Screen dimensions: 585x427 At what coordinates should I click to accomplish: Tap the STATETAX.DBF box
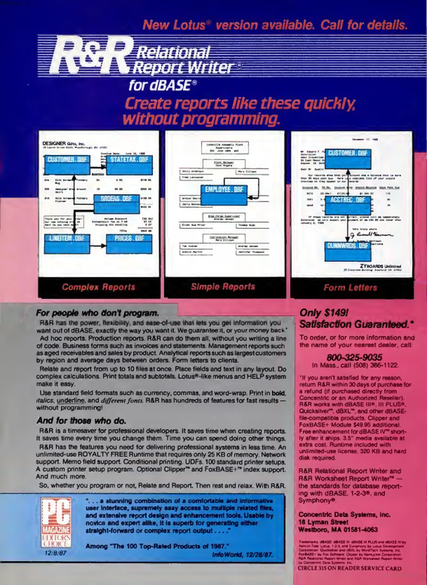coord(129,165)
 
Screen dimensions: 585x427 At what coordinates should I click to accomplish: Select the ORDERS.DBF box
coord(116,204)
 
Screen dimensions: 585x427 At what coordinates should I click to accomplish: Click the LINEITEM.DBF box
coord(67,244)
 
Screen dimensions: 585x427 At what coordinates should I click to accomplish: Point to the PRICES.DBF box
coord(129,244)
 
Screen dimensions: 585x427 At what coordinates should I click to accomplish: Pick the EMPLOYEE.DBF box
coord(224,195)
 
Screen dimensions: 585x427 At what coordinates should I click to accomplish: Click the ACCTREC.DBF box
coord(348,205)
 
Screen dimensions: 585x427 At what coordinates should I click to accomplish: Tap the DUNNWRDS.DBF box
coord(348,251)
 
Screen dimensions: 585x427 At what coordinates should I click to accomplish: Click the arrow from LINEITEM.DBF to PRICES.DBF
coord(98,246)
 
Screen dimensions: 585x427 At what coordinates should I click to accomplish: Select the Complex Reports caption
coord(99,287)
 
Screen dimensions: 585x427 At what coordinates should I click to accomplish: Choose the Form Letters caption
coord(350,288)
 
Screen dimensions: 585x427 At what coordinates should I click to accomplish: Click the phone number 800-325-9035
coord(354,357)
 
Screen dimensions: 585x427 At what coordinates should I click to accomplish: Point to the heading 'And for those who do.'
coord(82,421)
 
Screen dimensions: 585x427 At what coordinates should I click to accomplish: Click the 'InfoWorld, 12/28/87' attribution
coord(242,555)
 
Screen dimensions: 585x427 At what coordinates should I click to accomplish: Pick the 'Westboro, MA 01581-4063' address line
coord(338,529)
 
